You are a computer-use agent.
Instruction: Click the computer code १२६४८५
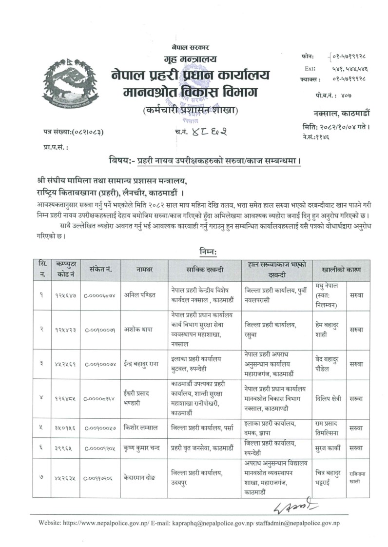pos(65,398)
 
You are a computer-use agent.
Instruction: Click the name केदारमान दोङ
pos(143,478)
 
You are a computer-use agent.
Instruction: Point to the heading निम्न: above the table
pos(208,252)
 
